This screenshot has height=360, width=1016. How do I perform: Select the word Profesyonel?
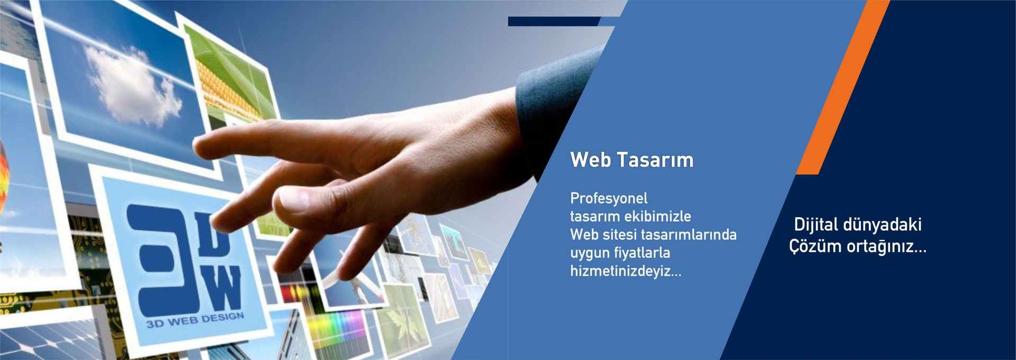point(609,199)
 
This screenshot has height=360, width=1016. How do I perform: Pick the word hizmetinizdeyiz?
point(626,271)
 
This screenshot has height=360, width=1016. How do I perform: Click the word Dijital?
point(816,225)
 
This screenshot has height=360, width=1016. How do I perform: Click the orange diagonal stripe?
point(842,87)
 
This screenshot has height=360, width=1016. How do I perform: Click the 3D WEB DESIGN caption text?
point(195,320)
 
